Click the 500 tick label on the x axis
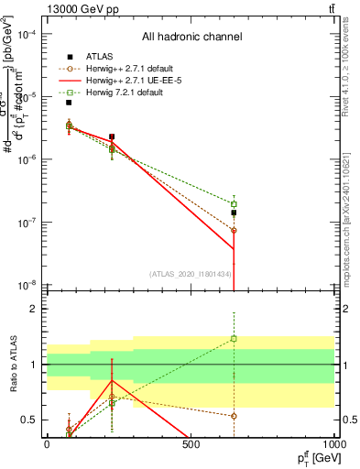(x=191, y=444)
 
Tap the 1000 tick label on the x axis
(x=334, y=444)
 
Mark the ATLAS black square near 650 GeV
(x=234, y=213)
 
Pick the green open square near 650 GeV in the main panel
(x=234, y=203)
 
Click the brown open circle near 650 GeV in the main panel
(x=234, y=231)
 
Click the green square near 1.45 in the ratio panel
(x=234, y=339)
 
